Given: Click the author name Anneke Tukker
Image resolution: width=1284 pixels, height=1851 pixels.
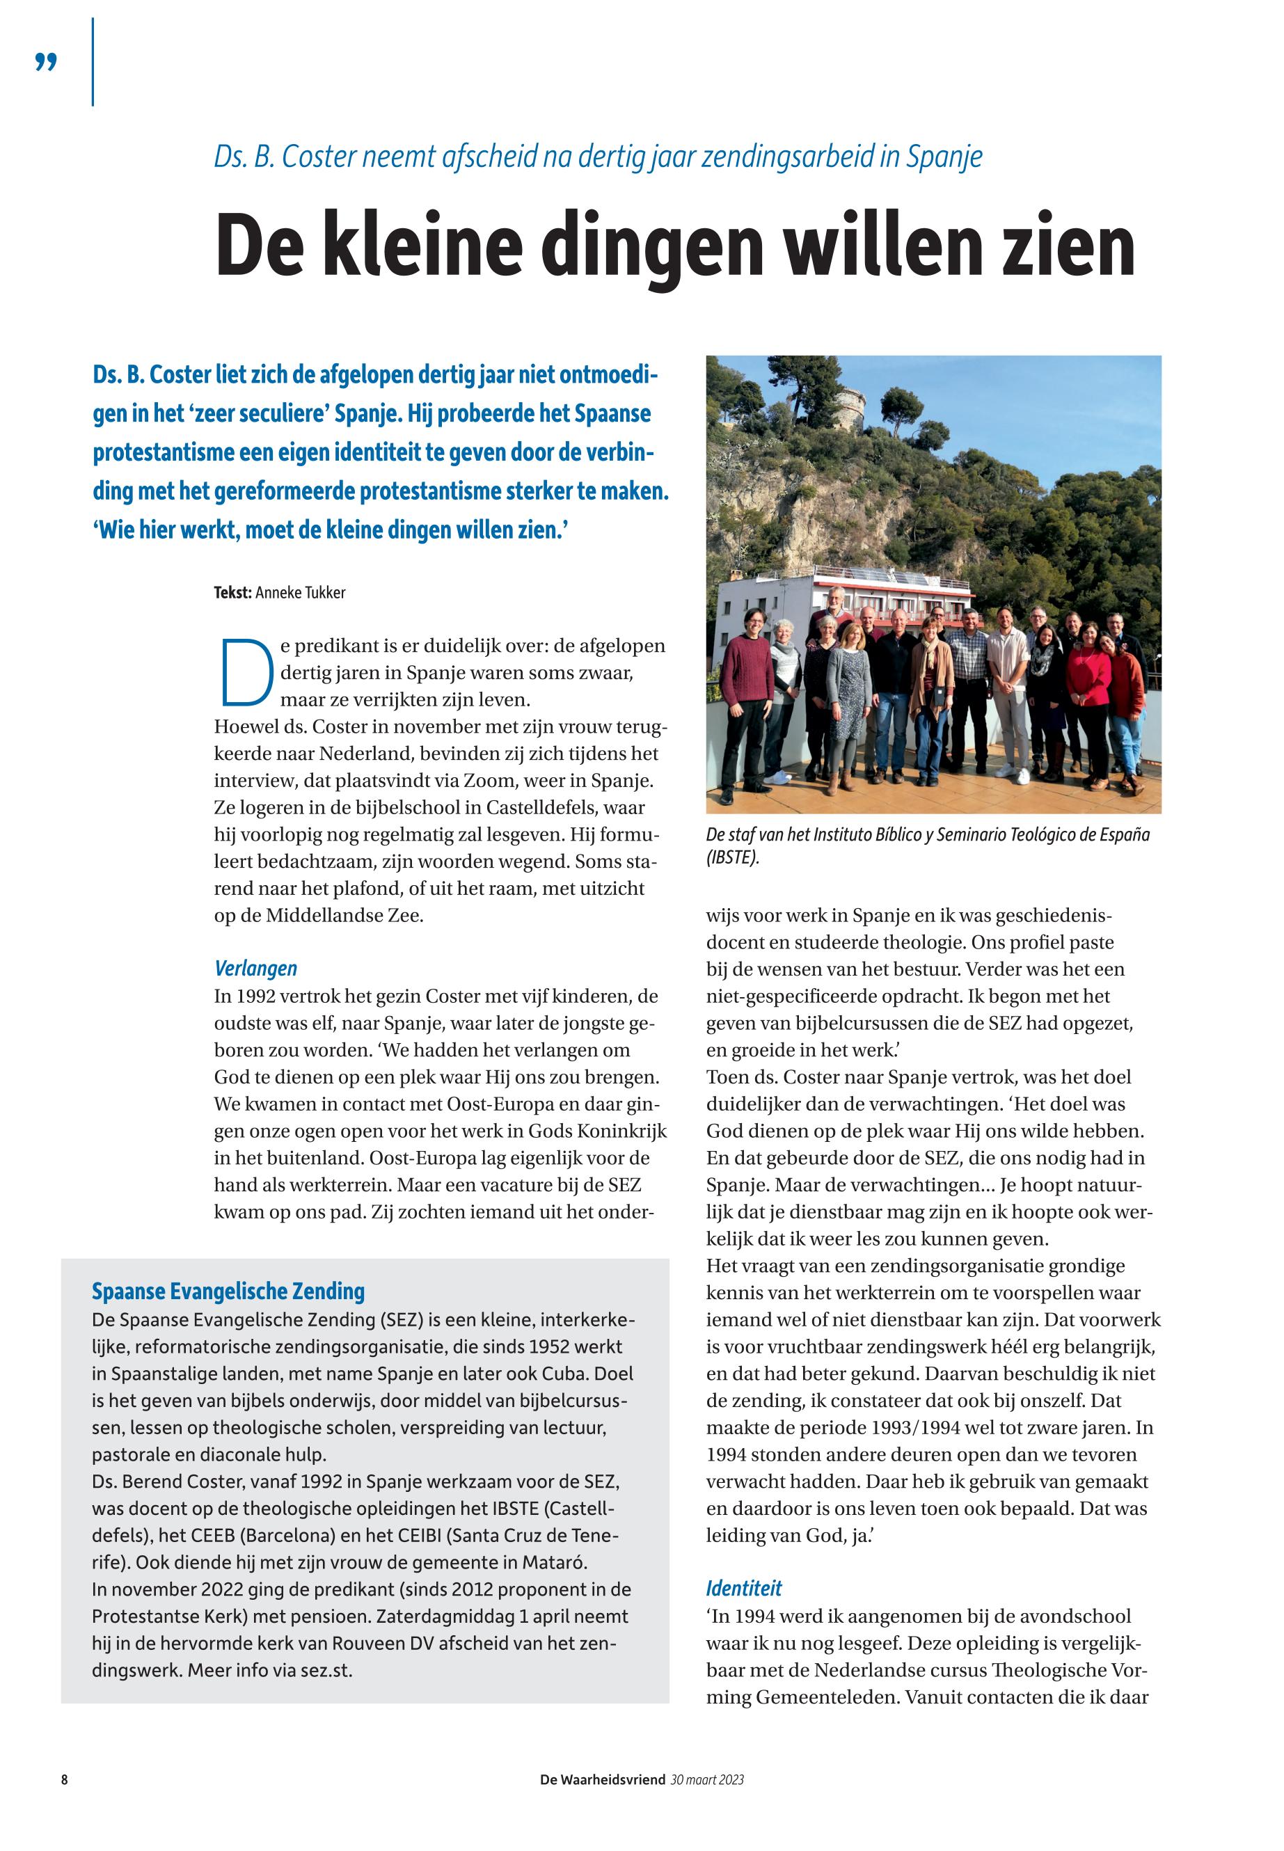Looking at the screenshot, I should tap(300, 593).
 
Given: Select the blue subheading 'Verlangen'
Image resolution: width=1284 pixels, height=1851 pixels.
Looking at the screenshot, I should tap(255, 968).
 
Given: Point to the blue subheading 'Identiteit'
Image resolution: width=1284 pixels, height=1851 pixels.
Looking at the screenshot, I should tap(743, 1588).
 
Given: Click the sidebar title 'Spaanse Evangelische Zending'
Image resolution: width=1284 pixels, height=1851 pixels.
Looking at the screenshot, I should tap(228, 1292).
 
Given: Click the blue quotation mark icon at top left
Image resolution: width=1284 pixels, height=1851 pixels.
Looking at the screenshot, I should tap(47, 63).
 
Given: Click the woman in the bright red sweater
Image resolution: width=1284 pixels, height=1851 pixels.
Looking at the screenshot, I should tap(1088, 680).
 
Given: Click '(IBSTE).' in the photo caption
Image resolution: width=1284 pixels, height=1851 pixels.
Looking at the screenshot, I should tap(732, 857).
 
